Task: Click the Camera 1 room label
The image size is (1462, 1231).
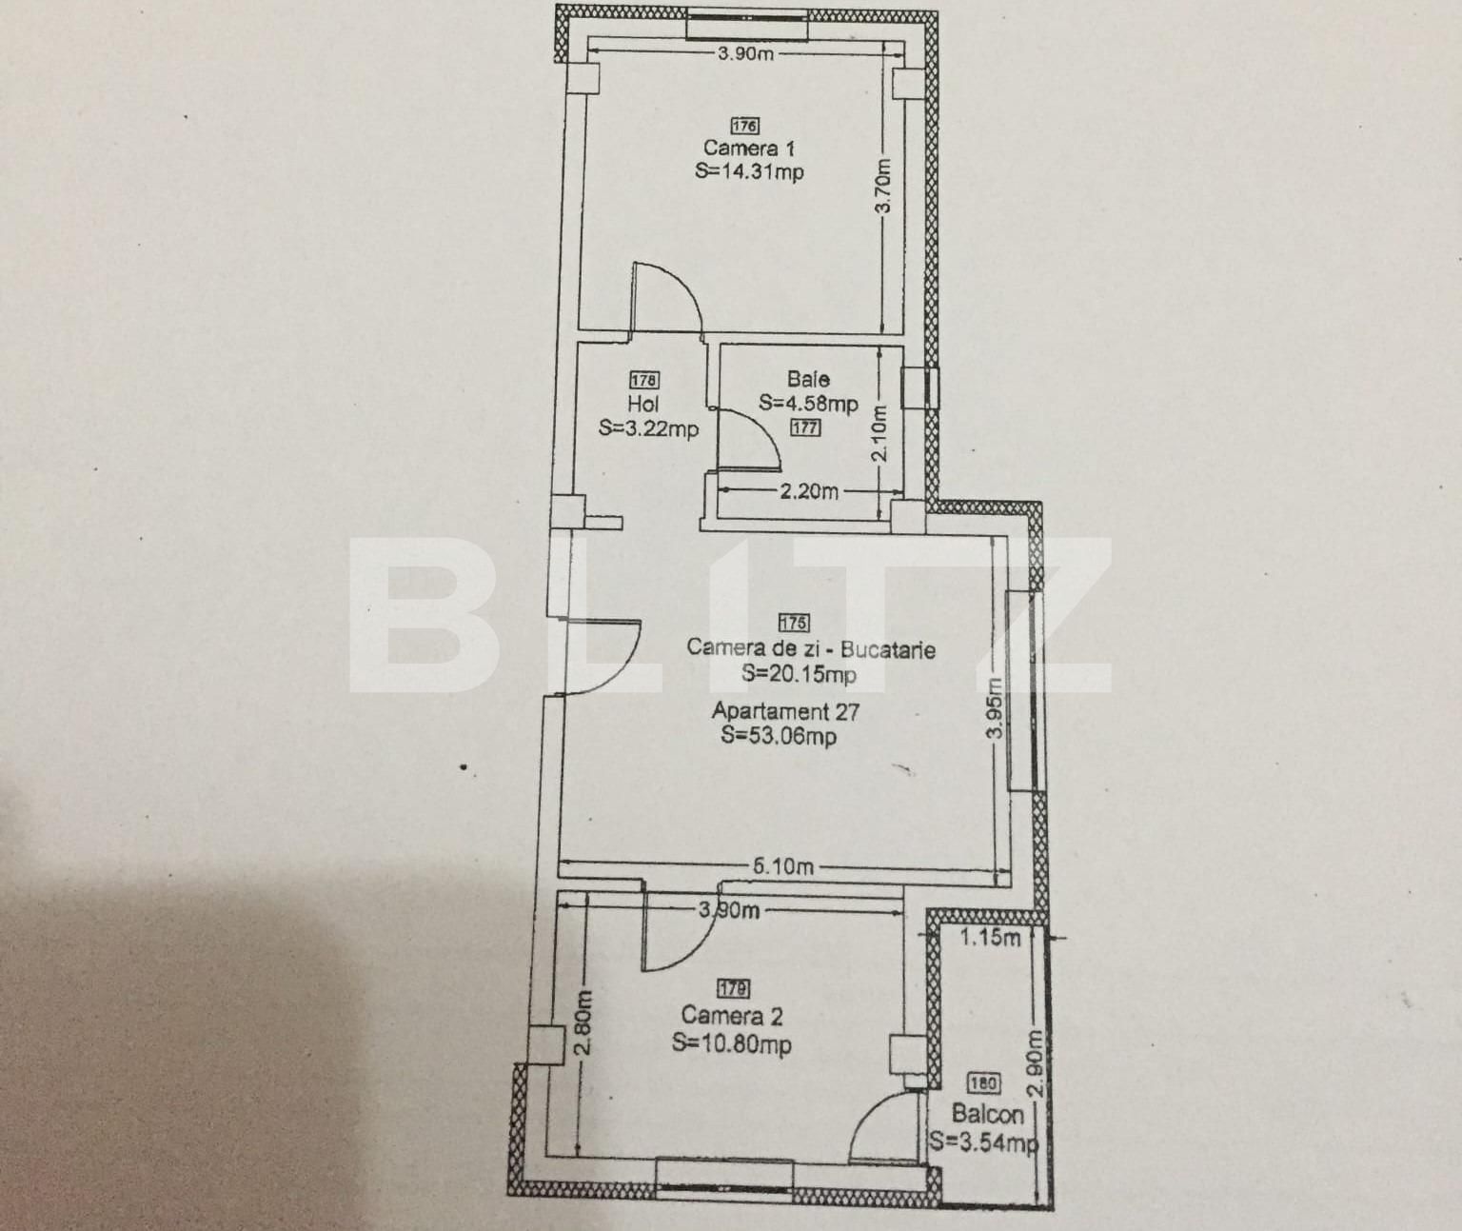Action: pyautogui.click(x=748, y=148)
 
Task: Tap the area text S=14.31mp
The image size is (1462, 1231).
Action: pyautogui.click(x=748, y=171)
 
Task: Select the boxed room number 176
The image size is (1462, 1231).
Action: pyautogui.click(x=745, y=126)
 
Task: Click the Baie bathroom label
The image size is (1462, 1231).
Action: pyautogui.click(x=808, y=379)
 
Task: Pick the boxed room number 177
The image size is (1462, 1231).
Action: pyautogui.click(x=805, y=427)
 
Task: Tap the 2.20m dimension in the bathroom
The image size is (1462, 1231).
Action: pyautogui.click(x=809, y=491)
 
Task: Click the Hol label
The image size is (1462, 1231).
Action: pyautogui.click(x=643, y=404)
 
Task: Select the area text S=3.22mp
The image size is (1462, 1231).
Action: pyautogui.click(x=648, y=428)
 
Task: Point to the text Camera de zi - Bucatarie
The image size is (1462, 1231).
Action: pyautogui.click(x=810, y=648)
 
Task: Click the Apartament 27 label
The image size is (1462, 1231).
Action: pyautogui.click(x=785, y=710)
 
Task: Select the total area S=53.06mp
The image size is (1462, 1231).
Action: pyautogui.click(x=779, y=735)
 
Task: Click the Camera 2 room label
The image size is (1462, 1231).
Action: pyautogui.click(x=732, y=1016)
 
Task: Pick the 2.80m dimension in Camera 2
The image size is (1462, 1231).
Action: pyautogui.click(x=584, y=1021)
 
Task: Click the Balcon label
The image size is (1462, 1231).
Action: pyautogui.click(x=987, y=1114)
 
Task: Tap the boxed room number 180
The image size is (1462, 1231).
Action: pyautogui.click(x=983, y=1083)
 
